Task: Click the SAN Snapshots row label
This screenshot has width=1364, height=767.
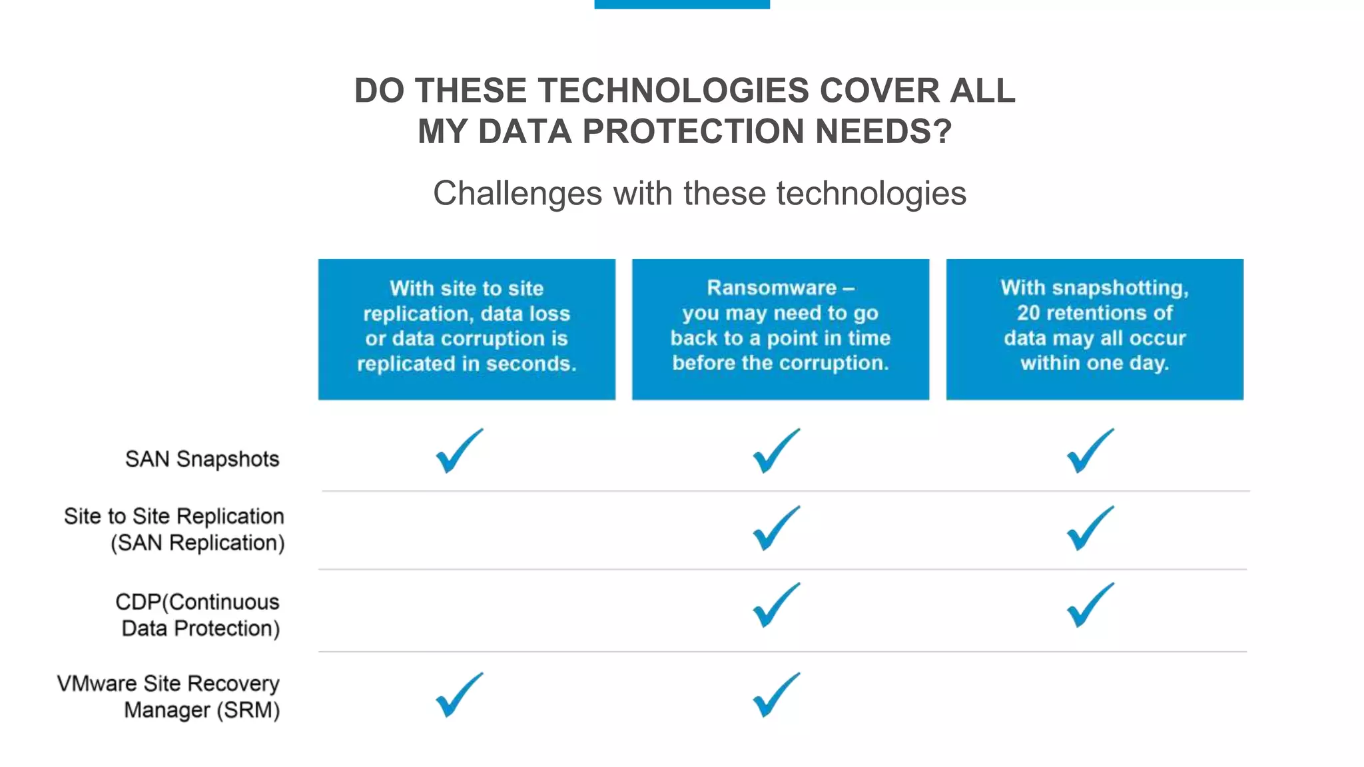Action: [202, 459]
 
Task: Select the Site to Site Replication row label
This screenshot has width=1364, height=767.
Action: [174, 529]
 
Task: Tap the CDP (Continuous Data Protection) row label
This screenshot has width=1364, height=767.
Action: [198, 615]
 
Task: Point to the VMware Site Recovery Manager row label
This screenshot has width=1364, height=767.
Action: [169, 696]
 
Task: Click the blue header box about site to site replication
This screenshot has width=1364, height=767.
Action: [466, 329]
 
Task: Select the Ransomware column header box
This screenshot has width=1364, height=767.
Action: [780, 329]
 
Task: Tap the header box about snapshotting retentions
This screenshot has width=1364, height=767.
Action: [1094, 329]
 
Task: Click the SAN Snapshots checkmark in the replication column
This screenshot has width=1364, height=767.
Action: [458, 452]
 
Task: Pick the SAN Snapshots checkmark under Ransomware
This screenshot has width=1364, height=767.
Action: [775, 452]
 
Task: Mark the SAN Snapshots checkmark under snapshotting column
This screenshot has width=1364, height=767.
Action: [1089, 452]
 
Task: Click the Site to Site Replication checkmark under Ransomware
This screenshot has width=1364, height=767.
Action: [775, 529]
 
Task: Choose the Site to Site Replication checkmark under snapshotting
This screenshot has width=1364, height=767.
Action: [1089, 529]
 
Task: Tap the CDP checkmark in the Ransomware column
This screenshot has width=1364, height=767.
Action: [775, 606]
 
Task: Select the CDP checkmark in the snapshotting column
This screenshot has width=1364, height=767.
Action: [1089, 606]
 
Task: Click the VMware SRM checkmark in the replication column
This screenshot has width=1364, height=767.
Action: [458, 696]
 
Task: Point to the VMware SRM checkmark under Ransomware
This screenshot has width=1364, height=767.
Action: [775, 696]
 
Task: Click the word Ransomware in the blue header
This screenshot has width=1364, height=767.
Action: [771, 288]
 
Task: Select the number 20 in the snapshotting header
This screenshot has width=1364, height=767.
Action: [1029, 313]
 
